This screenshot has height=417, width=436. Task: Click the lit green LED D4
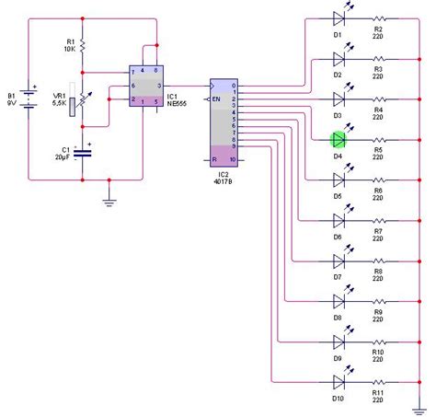click(338, 139)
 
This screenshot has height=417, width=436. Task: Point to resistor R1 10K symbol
click(83, 45)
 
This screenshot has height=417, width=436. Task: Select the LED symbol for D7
click(338, 260)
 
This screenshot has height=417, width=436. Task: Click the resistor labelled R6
click(377, 180)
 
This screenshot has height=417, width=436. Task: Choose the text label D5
click(338, 196)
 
